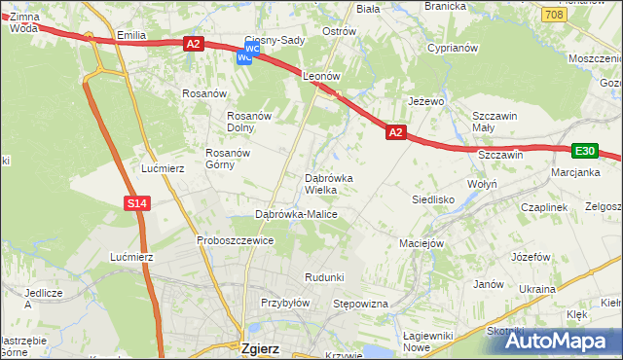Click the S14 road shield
pyautogui.click(x=137, y=202)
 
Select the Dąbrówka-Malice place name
pyautogui.click(x=296, y=213)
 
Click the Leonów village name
pyautogui.click(x=320, y=75)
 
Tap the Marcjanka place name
pyautogui.click(x=574, y=173)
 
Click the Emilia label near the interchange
pyautogui.click(x=130, y=35)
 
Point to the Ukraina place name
pyautogui.click(x=536, y=289)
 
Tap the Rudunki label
pyautogui.click(x=324, y=277)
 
